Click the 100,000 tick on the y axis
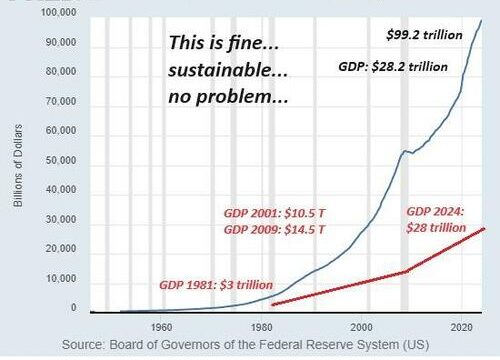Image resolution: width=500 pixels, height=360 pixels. click(x=58, y=12)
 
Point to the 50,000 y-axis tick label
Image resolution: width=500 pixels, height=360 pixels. click(x=61, y=160)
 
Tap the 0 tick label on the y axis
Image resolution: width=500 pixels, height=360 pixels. click(x=74, y=307)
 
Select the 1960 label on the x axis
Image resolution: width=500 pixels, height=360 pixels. click(x=161, y=327)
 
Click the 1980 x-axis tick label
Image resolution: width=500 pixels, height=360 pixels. click(x=261, y=327)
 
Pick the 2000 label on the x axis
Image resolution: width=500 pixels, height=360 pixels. click(x=361, y=327)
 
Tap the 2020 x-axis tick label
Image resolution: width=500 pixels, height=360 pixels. click(x=462, y=327)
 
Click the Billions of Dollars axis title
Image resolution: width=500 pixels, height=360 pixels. click(x=18, y=165)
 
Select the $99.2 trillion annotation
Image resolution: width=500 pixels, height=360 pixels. click(x=424, y=35)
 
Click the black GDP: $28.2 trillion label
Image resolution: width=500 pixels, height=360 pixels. click(x=393, y=67)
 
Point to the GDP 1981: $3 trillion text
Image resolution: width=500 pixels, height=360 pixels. click(x=216, y=285)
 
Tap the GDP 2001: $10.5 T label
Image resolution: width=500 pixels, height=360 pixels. click(x=274, y=213)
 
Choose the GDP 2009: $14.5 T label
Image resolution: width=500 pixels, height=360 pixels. click(x=274, y=229)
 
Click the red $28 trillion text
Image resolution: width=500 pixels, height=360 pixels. click(x=436, y=228)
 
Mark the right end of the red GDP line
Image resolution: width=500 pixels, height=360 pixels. click(x=484, y=229)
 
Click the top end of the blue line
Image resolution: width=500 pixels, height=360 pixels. click(x=481, y=20)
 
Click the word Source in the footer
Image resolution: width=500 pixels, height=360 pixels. click(x=81, y=344)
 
